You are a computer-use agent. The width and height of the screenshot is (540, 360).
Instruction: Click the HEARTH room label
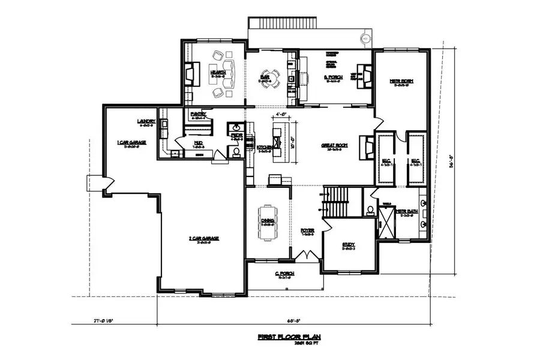click(217, 73)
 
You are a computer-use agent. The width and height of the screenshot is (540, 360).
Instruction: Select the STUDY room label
click(349, 244)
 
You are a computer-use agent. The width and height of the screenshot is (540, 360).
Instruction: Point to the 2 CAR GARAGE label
click(203, 238)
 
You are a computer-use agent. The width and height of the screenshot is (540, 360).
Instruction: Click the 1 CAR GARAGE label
click(131, 142)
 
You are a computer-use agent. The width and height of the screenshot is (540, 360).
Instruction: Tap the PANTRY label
click(199, 114)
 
